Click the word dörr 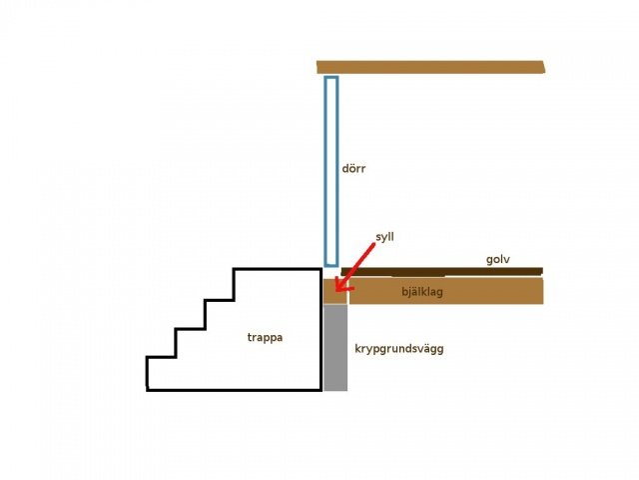353,168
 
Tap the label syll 384,237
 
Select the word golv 497,260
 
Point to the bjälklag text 422,291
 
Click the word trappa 265,338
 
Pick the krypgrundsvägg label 399,349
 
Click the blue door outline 325,171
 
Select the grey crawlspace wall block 335,347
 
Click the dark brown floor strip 441,271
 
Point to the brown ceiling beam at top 430,67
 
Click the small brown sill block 335,291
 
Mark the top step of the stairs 278,269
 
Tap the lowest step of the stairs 161,358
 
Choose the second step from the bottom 190,329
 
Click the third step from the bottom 220,301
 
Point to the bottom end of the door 331,266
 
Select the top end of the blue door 331,77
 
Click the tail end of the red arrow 373,244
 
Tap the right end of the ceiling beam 544,67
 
